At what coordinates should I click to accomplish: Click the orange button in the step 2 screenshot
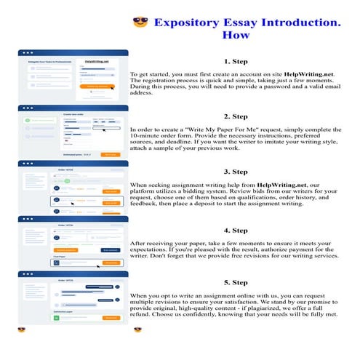(x=109, y=154)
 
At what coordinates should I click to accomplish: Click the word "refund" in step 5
(x=141, y=315)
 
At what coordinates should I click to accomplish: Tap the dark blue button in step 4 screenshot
(x=111, y=249)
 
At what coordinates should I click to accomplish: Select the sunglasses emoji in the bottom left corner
(x=22, y=329)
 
